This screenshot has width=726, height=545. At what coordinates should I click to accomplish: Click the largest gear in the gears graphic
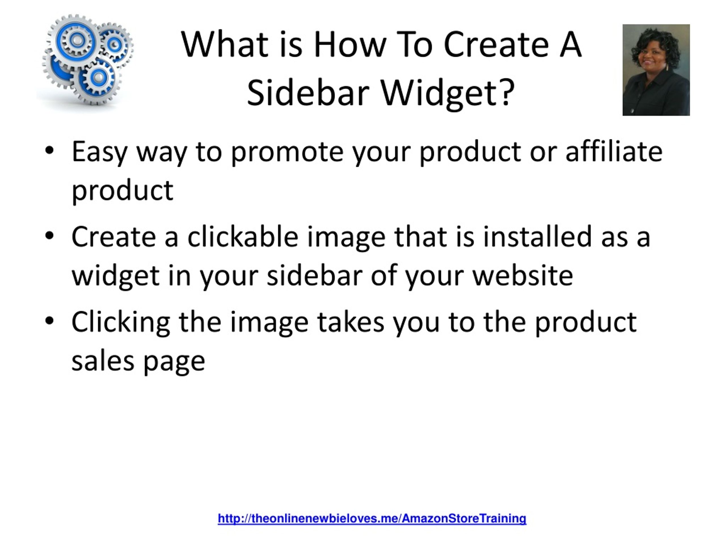(77, 41)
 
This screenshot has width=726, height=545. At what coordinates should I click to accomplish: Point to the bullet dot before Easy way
(49, 151)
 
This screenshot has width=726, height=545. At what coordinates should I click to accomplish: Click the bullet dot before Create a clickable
(49, 236)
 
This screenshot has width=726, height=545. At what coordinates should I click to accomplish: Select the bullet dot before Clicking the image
(49, 321)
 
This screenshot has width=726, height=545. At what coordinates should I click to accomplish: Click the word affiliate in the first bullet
(614, 152)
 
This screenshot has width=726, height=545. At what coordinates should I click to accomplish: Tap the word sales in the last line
(102, 361)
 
